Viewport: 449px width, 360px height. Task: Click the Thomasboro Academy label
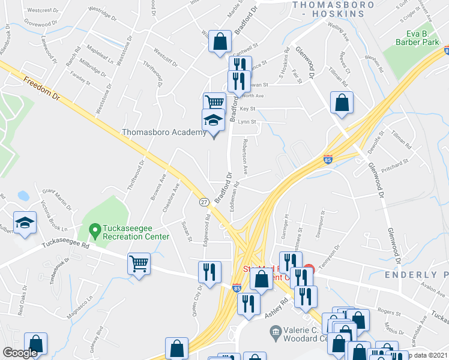pos(164,133)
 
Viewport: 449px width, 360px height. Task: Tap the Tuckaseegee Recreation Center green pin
pos(94,229)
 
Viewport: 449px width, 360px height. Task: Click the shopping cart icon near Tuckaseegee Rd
pos(139,262)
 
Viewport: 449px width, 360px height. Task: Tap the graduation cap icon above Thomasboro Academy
pos(212,119)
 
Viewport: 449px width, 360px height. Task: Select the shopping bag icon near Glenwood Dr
pos(342,103)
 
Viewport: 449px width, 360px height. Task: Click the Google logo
pos(20,353)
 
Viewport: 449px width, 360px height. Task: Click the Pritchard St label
pos(394,162)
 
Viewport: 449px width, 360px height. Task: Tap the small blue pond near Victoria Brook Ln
pos(23,196)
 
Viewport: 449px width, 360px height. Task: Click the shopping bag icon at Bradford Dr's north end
pos(220,41)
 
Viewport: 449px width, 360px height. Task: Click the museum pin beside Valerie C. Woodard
pos(276,331)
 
